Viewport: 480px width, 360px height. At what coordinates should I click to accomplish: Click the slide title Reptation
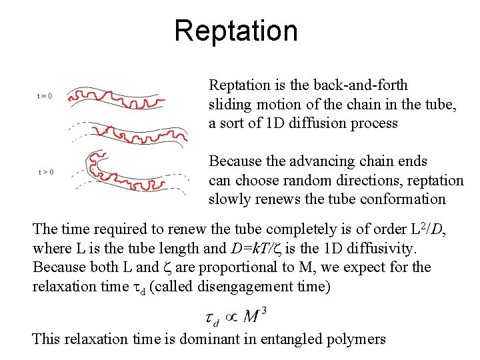pyautogui.click(x=236, y=31)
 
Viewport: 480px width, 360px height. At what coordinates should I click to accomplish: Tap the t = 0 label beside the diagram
pyautogui.click(x=45, y=95)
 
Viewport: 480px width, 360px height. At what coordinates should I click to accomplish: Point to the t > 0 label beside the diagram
pyautogui.click(x=45, y=172)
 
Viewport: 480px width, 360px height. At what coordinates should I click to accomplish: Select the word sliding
pyautogui.click(x=230, y=105)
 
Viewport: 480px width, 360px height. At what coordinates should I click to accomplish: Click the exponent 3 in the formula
pyautogui.click(x=265, y=309)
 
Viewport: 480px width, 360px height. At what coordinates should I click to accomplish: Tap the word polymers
pyautogui.click(x=357, y=339)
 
